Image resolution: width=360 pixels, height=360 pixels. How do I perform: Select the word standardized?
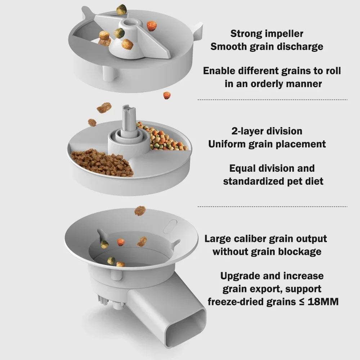coord(258,181)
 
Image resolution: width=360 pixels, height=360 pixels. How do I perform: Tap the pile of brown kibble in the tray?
coord(103,163)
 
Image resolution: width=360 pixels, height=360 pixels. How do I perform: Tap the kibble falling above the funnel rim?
coord(140,211)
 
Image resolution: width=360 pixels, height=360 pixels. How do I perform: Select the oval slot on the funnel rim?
coord(170,226)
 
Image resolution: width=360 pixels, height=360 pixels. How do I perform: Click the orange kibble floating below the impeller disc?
coord(167,95)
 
